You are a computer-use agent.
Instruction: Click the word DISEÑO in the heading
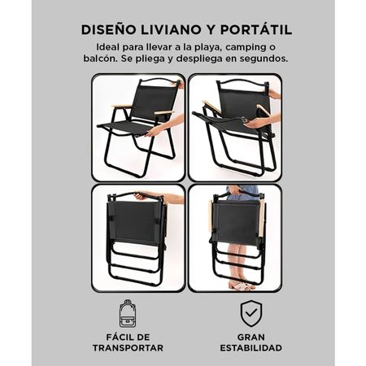[x=108, y=30]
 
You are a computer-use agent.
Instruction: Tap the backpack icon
[x=126, y=314]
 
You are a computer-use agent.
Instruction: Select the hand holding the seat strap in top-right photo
[x=252, y=123]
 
